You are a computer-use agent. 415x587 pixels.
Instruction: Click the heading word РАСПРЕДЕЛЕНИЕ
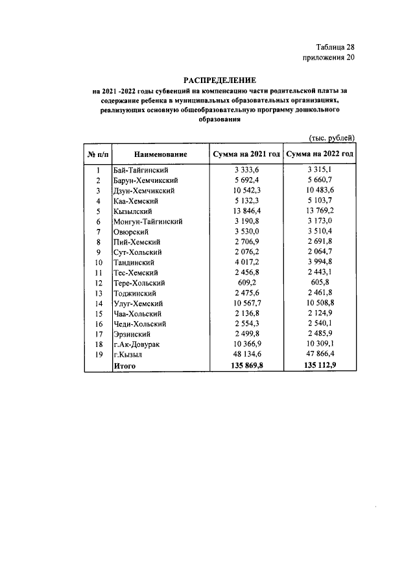215,79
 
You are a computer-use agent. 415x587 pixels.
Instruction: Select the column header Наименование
161,154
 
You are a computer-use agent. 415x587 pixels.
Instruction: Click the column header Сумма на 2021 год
246,154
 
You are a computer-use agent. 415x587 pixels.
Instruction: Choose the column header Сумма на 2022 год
320,154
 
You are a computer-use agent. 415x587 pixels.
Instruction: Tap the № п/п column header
98,154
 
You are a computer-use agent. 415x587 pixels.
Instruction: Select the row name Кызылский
133,211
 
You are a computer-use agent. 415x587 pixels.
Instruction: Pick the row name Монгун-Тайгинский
147,221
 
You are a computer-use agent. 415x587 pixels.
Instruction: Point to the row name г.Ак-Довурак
137,344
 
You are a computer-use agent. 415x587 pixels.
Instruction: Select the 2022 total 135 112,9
320,366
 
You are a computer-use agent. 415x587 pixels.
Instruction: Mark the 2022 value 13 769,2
320,211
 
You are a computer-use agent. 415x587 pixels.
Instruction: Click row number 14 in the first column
98,304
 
